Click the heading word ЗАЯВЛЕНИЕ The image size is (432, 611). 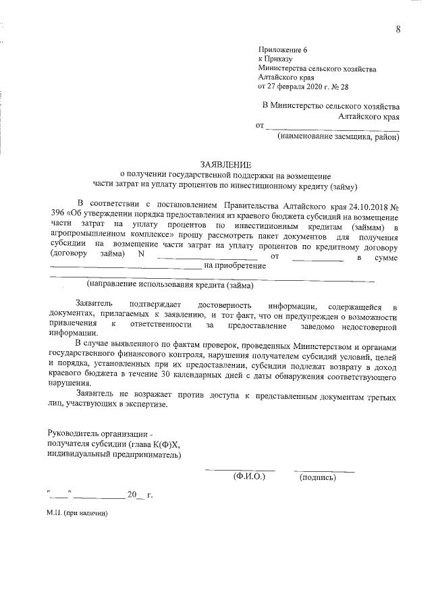pos(225,165)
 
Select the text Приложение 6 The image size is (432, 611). pos(282,51)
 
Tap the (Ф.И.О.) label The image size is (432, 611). pos(249,476)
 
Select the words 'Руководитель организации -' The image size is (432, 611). pos(102,433)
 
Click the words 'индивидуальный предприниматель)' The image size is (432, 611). pos(114,454)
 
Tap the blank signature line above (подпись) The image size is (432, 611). pos(324,470)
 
